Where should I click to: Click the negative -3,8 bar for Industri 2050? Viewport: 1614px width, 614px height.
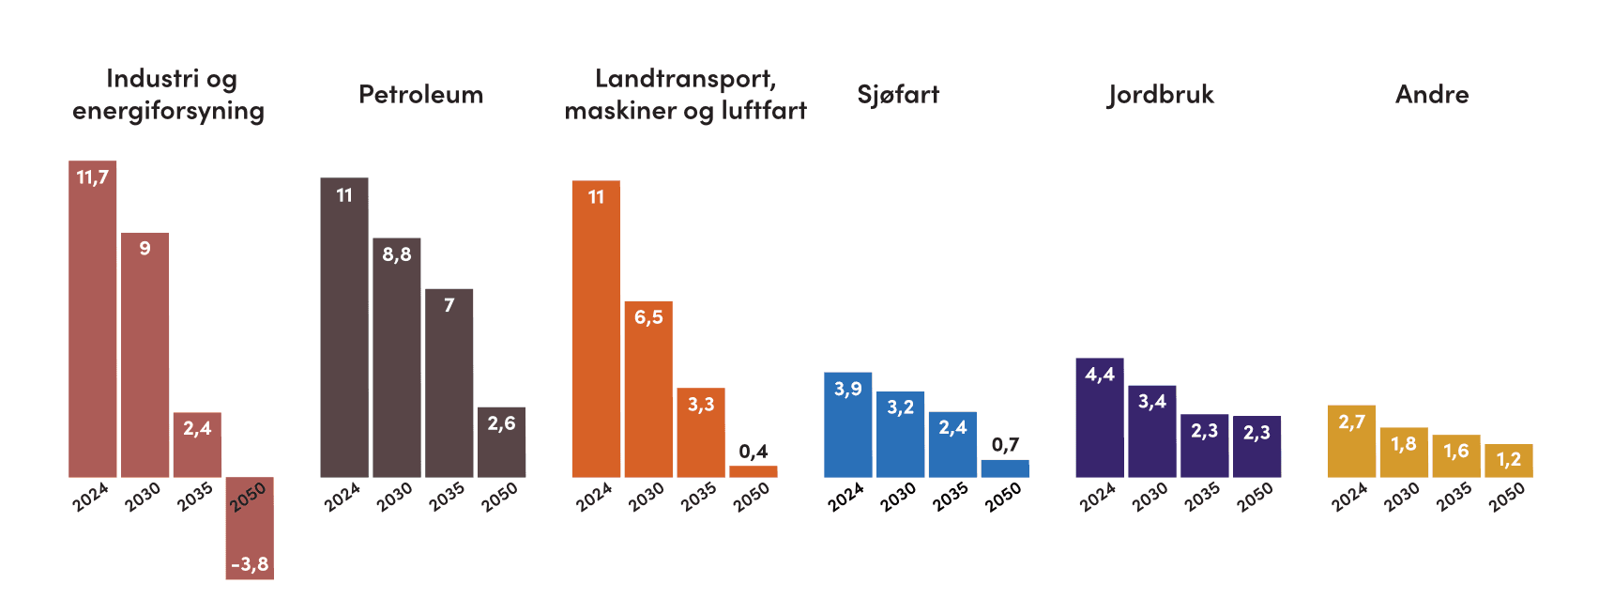[x=250, y=535]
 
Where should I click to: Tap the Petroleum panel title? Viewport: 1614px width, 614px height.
[x=420, y=94]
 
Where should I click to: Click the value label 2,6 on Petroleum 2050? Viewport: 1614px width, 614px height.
[x=501, y=423]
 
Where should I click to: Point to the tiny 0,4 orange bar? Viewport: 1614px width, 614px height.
[x=753, y=471]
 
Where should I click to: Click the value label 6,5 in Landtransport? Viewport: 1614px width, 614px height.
[x=648, y=317]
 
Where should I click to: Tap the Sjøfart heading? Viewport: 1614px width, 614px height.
[x=898, y=94]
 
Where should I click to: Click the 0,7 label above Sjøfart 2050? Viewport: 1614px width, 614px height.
[x=1005, y=445]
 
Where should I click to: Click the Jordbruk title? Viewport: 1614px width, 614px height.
[x=1161, y=94]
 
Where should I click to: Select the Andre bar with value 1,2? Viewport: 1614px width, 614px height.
[x=1508, y=461]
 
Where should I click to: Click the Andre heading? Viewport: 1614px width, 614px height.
[x=1432, y=94]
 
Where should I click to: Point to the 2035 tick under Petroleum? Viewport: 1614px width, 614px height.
[x=447, y=497]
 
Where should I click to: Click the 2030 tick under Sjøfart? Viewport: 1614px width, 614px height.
[x=897, y=497]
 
